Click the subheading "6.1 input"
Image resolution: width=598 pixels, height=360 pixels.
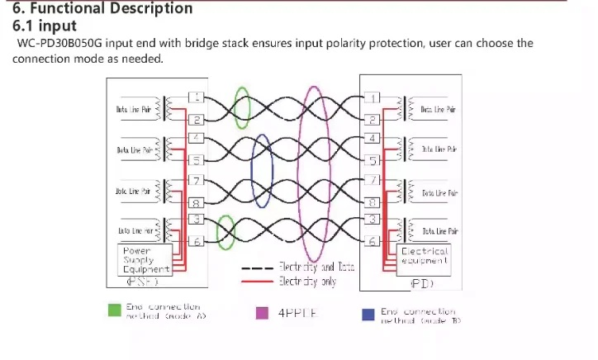pos(45,26)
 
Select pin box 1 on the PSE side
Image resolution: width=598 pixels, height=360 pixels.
pos(197,97)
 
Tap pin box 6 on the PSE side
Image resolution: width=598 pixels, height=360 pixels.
pos(197,241)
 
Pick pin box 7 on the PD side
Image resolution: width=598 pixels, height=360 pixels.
pos(373,179)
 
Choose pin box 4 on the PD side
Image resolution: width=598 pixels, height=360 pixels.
pos(373,138)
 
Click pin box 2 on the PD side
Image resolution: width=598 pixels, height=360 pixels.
pos(373,120)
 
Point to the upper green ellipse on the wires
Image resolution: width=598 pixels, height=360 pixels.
pos(241,107)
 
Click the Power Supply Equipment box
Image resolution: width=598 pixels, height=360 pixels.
pos(145,259)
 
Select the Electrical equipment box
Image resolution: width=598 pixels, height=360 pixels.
pos(425,255)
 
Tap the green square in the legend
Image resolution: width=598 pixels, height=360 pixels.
pos(115,310)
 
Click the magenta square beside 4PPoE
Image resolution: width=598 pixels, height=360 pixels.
pos(263,313)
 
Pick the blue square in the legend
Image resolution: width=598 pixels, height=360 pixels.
pos(368,314)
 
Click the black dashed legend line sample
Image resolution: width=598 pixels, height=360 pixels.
pos(257,268)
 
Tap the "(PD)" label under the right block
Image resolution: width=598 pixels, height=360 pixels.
pos(423,283)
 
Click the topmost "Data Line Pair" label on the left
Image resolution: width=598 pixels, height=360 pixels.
pos(133,109)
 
